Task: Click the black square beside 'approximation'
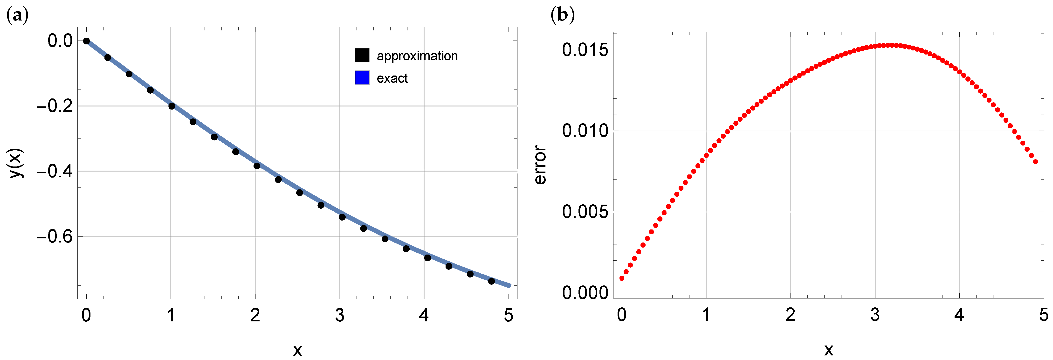[362, 55]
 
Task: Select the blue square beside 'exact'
[362, 78]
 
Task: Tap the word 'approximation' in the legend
[417, 56]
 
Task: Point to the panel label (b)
[563, 15]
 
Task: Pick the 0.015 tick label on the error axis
[585, 50]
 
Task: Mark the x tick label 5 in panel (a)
[508, 315]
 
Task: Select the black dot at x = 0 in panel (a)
[86, 41]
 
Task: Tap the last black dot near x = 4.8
[491, 281]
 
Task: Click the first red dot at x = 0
[622, 278]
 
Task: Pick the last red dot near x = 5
[1035, 162]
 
